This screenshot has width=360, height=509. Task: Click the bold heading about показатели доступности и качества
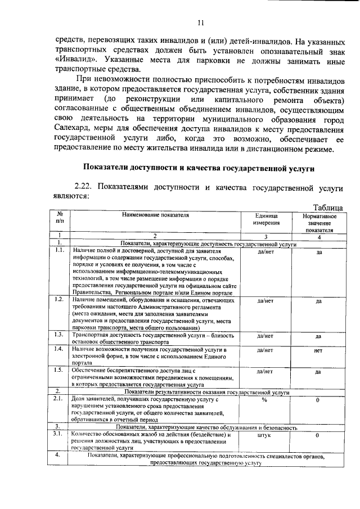tap(199, 167)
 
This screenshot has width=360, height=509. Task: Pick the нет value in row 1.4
tap(318, 350)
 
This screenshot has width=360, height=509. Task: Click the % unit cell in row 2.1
tap(264, 399)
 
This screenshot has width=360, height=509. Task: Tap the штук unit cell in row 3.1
tap(264, 435)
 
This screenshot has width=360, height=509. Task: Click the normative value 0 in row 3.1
tap(318, 435)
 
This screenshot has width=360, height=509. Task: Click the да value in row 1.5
tap(318, 371)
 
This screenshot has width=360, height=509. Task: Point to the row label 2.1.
tap(58, 398)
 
